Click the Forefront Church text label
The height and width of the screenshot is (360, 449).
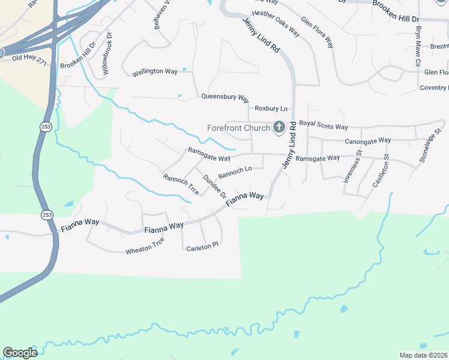tap(238, 128)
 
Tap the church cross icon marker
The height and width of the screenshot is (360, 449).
tap(279, 127)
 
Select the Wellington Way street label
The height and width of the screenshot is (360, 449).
tap(155, 71)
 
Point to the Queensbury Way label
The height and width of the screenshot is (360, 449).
tap(224, 97)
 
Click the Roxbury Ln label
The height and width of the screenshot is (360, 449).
tap(271, 109)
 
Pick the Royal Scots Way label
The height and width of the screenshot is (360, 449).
tap(324, 127)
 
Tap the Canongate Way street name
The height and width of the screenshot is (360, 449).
tap(367, 140)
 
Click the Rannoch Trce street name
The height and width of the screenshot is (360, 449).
tap(181, 184)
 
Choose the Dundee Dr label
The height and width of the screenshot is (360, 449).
tap(214, 187)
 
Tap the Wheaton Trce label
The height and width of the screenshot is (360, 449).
tap(145, 246)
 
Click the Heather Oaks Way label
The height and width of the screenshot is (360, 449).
tap(276, 22)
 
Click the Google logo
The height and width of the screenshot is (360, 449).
tap(20, 353)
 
